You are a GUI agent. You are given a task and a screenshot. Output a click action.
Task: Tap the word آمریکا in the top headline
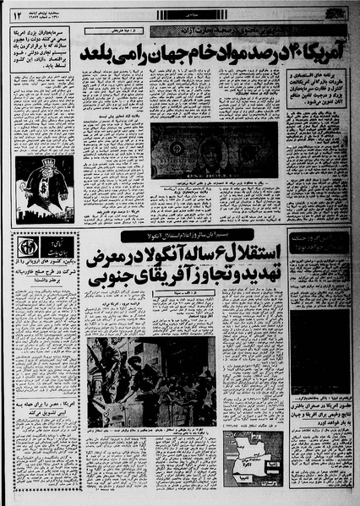325,52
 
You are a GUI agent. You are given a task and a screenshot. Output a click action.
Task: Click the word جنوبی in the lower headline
122,294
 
